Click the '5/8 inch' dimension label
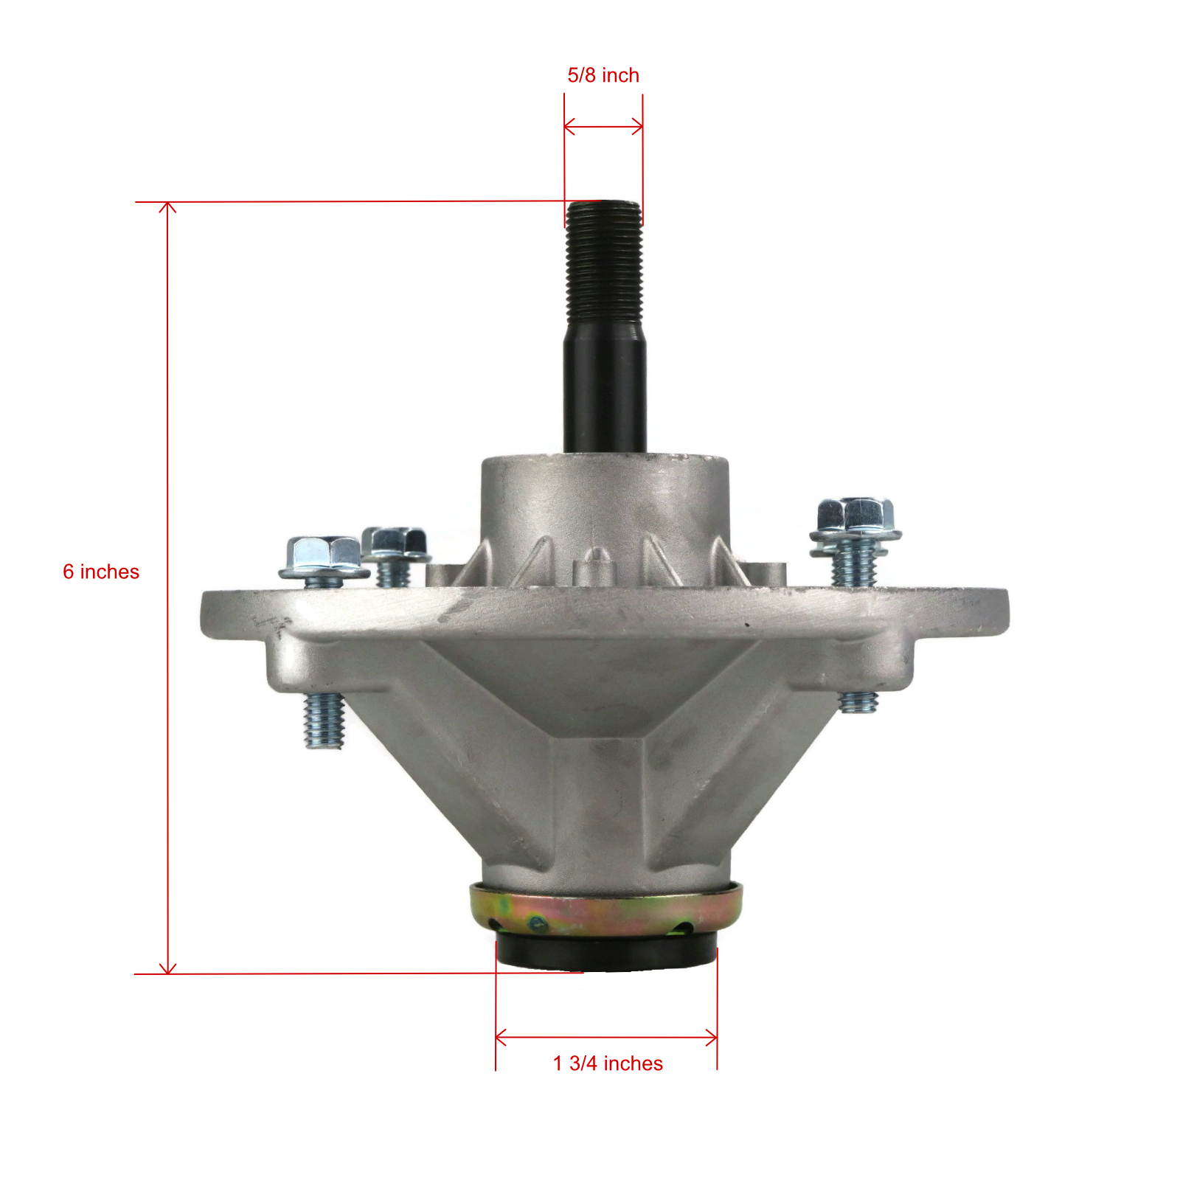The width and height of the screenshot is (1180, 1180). coord(603,75)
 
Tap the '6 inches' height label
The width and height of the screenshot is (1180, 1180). coord(101,572)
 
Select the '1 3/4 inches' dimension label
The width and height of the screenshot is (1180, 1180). coord(608,1063)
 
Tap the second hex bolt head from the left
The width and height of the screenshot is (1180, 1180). coord(396,544)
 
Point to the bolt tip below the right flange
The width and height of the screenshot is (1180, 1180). coord(858,701)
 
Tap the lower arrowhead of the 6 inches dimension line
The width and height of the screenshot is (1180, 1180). coord(168,968)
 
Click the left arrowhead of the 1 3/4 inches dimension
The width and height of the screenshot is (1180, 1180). coord(501,1038)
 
